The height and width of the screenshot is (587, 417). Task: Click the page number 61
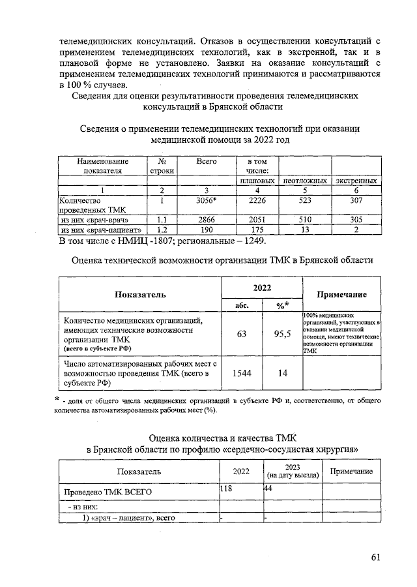click(x=375, y=557)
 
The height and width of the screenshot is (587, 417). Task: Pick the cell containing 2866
click(x=206, y=220)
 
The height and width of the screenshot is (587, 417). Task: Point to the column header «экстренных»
click(x=356, y=181)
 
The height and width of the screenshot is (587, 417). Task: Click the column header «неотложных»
click(x=304, y=181)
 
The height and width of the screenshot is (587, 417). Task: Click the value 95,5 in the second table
click(x=281, y=335)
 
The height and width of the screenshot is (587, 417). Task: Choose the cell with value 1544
click(x=242, y=372)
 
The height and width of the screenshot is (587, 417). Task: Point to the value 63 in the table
click(x=242, y=335)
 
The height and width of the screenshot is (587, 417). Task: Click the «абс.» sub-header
click(x=242, y=305)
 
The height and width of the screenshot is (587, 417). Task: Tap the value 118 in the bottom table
click(x=227, y=489)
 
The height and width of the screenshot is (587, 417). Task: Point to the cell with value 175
click(x=257, y=230)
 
